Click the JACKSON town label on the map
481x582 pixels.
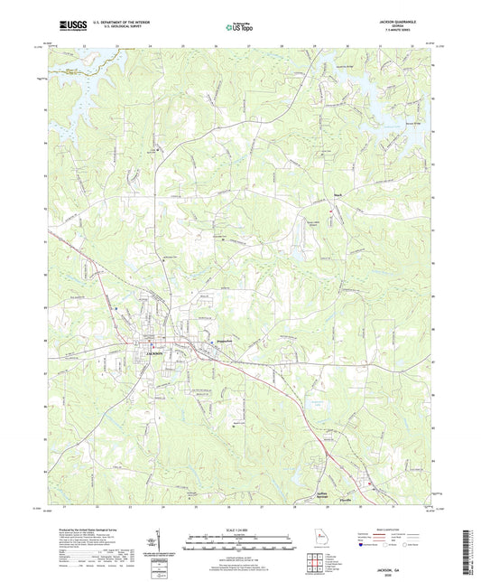click(153, 352)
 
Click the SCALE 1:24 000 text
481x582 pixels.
click(240, 530)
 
